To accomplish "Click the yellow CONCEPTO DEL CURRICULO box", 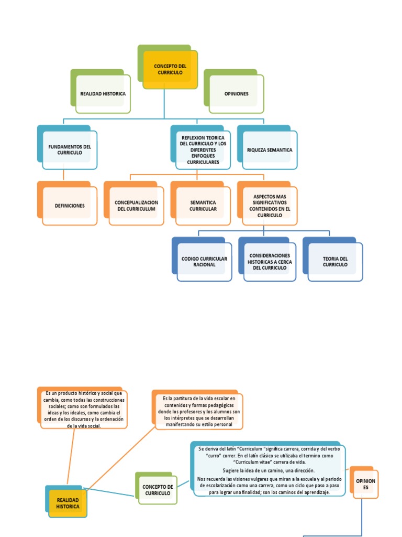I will tap(170, 70).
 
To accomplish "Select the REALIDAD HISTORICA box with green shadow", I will tap(103, 94).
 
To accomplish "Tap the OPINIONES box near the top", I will tap(237, 94).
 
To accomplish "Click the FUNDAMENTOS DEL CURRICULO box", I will tap(70, 149).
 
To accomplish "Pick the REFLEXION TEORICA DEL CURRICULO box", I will tap(203, 149).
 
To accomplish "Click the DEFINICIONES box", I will tap(70, 206).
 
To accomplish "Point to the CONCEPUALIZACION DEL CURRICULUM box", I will tap(136, 206).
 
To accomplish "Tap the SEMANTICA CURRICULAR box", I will tap(203, 206).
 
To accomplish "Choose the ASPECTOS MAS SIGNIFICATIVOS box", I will tap(270, 206).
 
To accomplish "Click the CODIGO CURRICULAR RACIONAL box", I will tap(204, 262).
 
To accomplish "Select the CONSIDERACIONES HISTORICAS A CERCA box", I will tap(270, 261).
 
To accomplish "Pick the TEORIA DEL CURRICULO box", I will tap(335, 262).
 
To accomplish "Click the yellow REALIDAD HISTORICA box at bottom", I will tap(68, 504).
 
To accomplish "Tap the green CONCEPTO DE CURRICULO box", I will tap(158, 490).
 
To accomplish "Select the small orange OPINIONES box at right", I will tap(365, 484).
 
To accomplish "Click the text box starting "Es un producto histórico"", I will tap(84, 409).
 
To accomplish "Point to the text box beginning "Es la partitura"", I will tap(199, 412).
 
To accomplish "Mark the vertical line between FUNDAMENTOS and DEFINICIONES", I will tap(64, 175).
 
